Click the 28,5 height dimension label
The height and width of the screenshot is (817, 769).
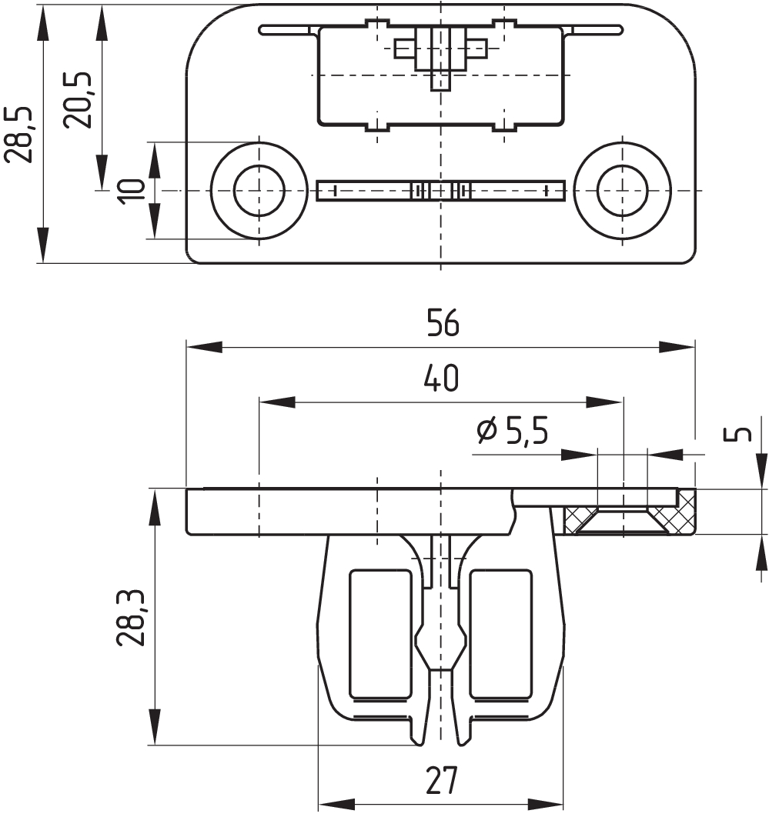coord(18,135)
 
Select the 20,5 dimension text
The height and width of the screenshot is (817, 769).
coord(78,100)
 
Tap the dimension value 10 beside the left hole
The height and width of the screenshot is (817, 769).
coord(132,190)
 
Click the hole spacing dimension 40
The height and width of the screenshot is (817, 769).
coord(440,378)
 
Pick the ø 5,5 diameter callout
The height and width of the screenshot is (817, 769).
coord(512,432)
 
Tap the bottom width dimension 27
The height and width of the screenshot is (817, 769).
coord(440,782)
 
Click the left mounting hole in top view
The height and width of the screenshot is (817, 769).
coord(259,190)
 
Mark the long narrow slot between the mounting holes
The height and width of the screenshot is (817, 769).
coord(440,190)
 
